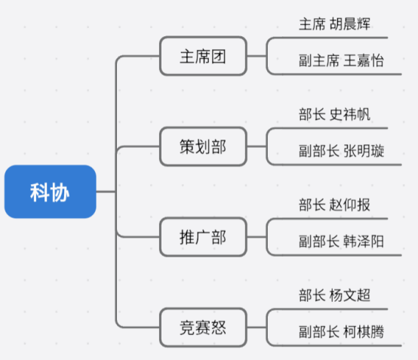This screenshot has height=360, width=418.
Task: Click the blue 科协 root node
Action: coord(50,192)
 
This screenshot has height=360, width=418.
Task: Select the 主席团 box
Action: coord(203,56)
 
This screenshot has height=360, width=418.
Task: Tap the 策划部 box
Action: coord(203,146)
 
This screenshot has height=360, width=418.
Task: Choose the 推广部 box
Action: coord(203,237)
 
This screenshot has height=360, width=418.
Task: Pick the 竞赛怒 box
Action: coord(203,328)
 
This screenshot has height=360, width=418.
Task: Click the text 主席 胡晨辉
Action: coord(334,24)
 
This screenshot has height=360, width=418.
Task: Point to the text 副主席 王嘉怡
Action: coord(341,60)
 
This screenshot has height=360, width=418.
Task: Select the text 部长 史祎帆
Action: coord(334,115)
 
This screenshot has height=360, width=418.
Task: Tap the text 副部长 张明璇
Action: coord(341,151)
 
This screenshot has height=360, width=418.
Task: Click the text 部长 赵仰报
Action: coord(334,205)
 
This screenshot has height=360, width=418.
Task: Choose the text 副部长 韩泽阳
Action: coord(341,242)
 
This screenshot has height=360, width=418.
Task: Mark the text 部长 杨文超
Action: coord(334,295)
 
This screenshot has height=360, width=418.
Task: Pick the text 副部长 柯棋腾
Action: coord(341,332)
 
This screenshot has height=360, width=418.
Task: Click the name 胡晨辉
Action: coord(350,24)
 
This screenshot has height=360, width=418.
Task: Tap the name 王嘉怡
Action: coord(364,60)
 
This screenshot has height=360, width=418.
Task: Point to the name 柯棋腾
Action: coord(364,332)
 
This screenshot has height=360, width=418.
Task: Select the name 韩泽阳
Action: coord(364,242)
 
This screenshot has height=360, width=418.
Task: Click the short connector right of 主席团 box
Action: coord(257,56)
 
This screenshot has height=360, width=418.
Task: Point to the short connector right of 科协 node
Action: coord(106,192)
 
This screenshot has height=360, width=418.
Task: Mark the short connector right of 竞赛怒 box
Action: coord(257,328)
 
